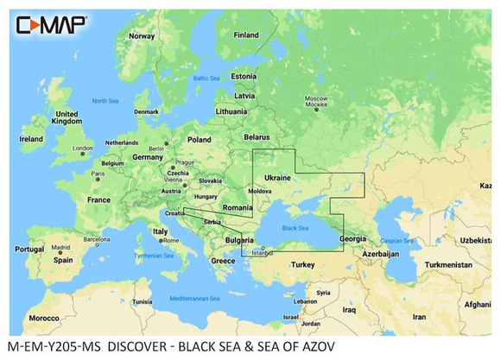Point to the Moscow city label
click(312, 102)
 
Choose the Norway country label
click(141, 36)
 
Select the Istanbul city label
click(260, 254)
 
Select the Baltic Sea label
click(206, 78)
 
